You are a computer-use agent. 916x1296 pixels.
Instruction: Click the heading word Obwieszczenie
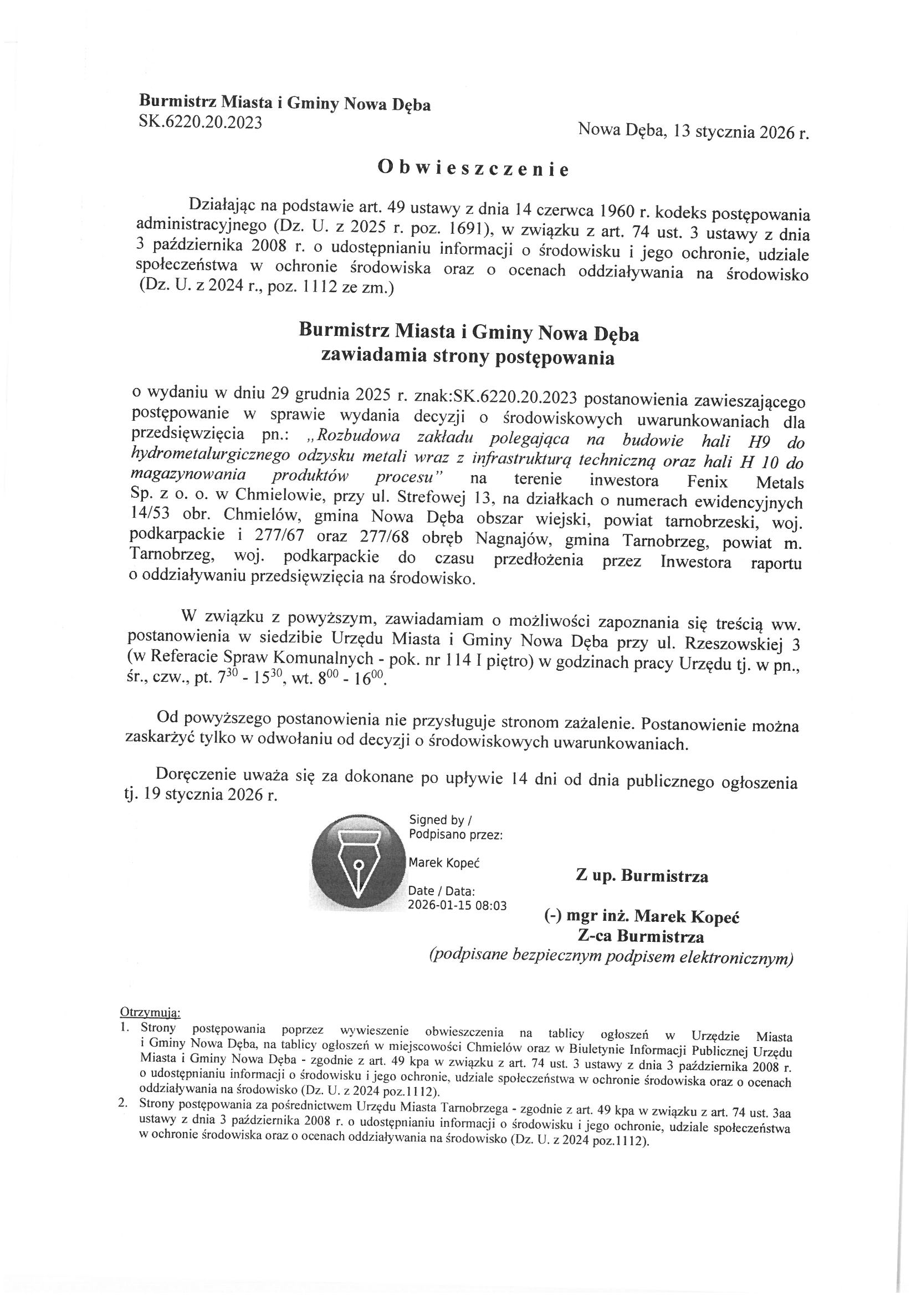click(x=473, y=167)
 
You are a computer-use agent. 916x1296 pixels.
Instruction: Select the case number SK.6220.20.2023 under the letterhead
click(x=201, y=122)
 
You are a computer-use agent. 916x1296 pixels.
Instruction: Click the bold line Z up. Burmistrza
click(x=642, y=876)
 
